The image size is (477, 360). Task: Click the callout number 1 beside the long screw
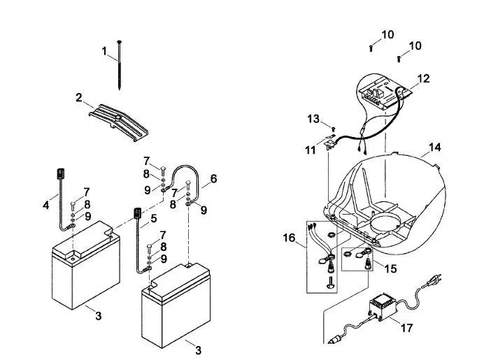pos(104,51)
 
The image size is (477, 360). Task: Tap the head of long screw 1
pos(119,42)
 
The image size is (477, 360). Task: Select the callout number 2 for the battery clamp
pos(79,98)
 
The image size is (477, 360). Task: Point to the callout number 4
pos(45,206)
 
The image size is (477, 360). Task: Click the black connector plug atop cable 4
pos(61,173)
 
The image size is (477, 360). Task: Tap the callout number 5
pos(154,218)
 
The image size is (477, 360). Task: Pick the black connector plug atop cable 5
pos(137,213)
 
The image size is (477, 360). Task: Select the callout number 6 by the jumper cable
pos(213,178)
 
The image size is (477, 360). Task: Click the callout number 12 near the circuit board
pos(423,78)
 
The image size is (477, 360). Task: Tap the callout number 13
pos(313,119)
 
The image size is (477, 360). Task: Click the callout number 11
pos(311,150)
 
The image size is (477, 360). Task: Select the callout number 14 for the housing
pos(435,147)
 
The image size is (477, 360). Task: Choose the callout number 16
pos(289,238)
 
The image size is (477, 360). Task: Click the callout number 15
pos(390,268)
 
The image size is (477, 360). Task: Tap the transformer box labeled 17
pos(383,306)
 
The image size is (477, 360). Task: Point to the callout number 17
pos(407,328)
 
